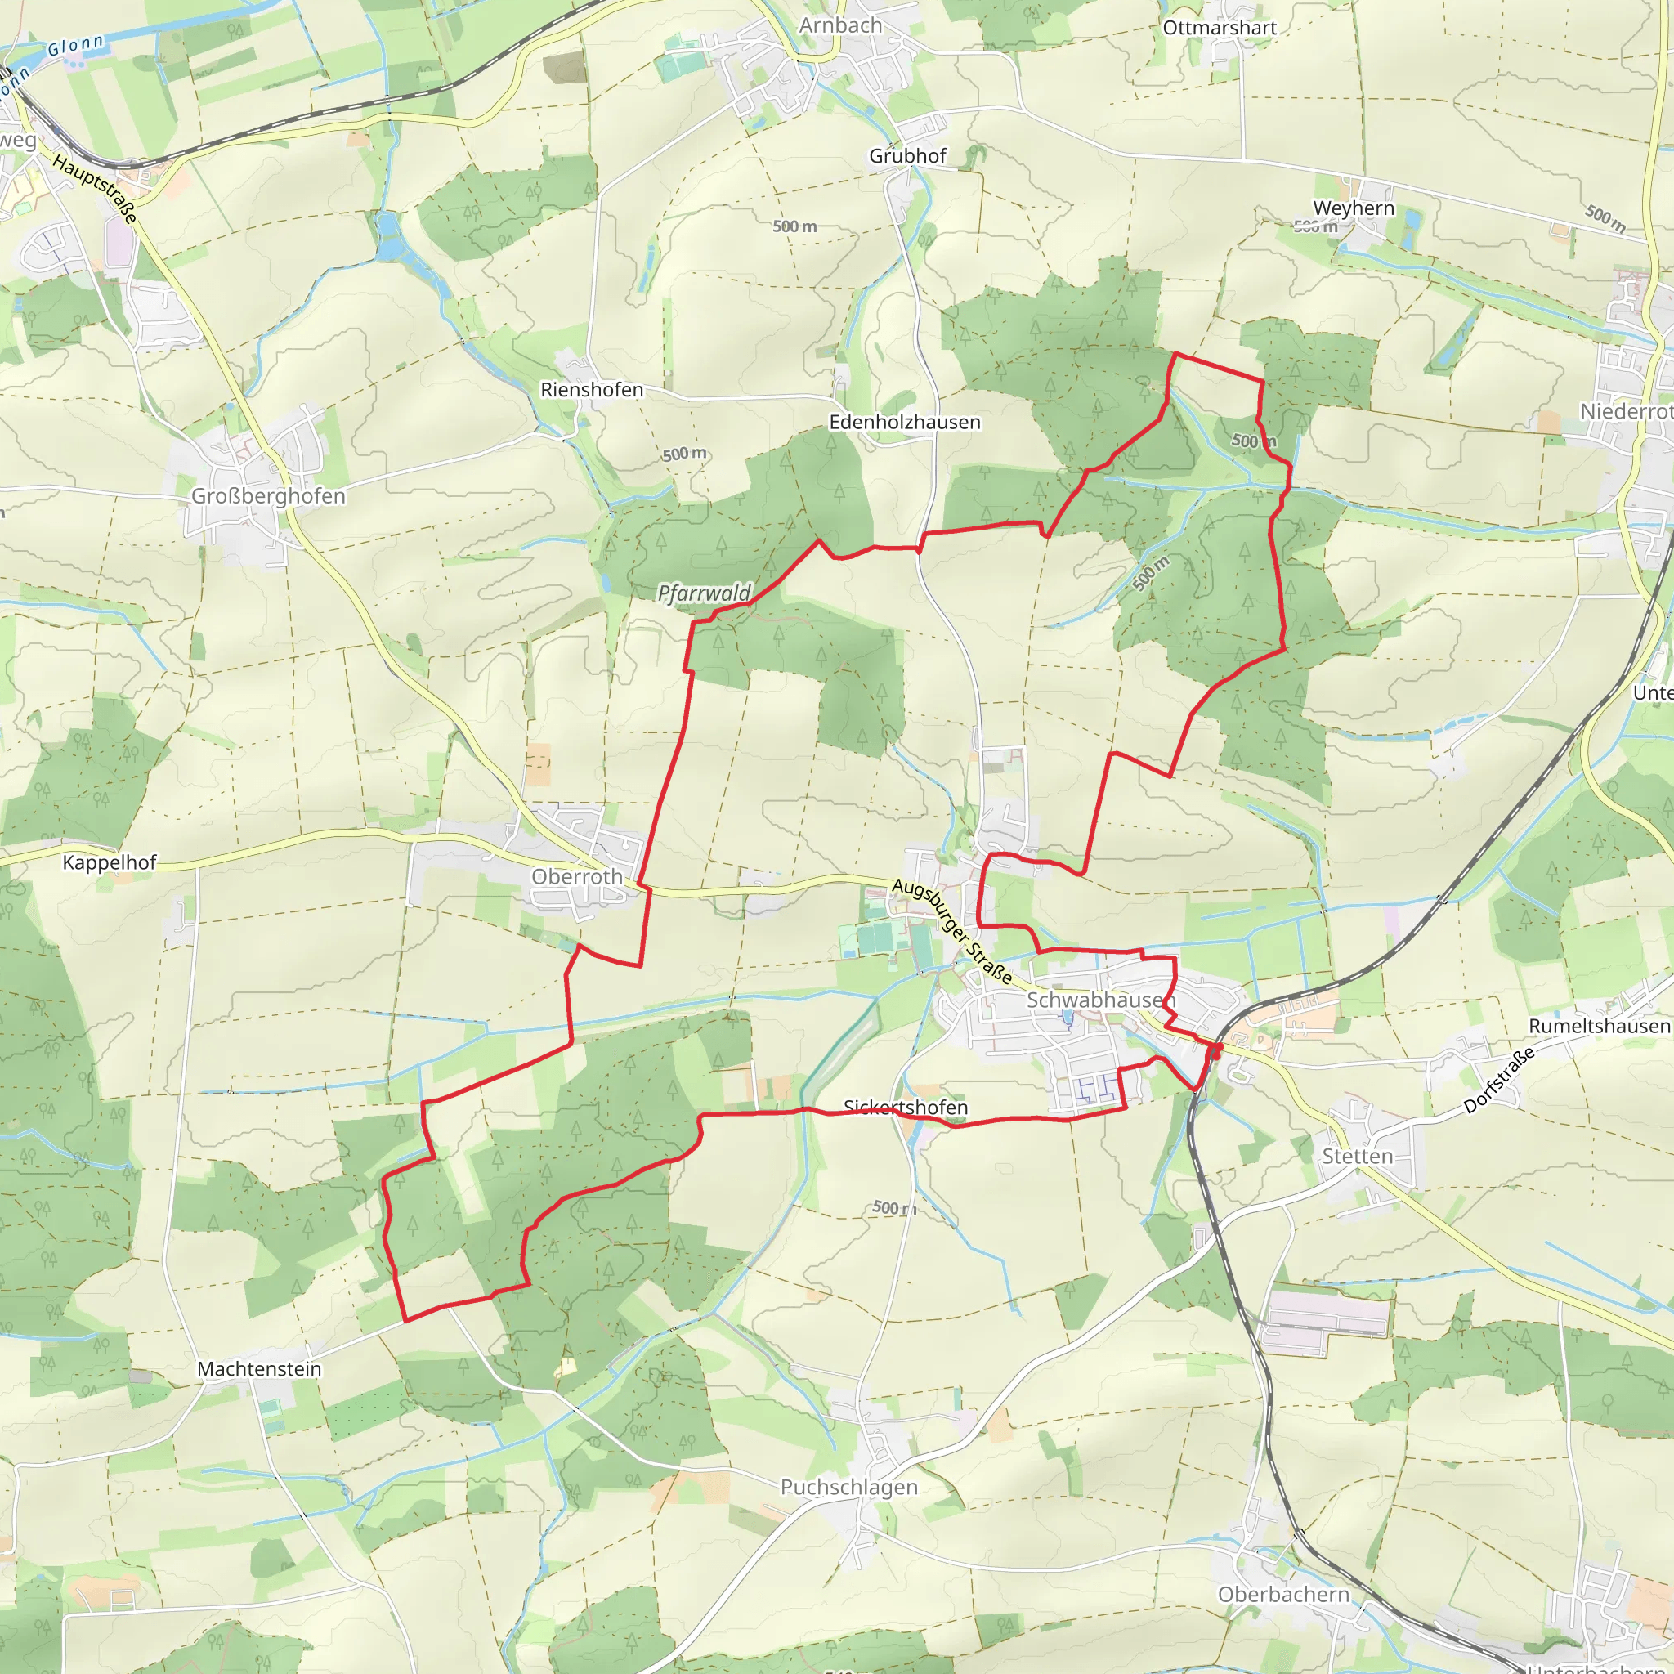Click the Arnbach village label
[839, 26]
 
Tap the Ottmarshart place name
[1219, 28]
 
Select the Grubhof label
[907, 156]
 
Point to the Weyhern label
[1354, 208]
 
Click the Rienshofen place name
[592, 390]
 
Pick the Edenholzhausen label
[905, 422]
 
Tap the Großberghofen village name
[268, 495]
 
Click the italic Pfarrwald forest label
[704, 593]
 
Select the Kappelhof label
[110, 862]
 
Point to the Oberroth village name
[577, 877]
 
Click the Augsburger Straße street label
[951, 932]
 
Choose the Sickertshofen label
[906, 1108]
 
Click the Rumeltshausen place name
[1600, 1026]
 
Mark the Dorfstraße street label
[1499, 1081]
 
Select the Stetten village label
[1357, 1157]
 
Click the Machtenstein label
[259, 1369]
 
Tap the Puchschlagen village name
[848, 1487]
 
